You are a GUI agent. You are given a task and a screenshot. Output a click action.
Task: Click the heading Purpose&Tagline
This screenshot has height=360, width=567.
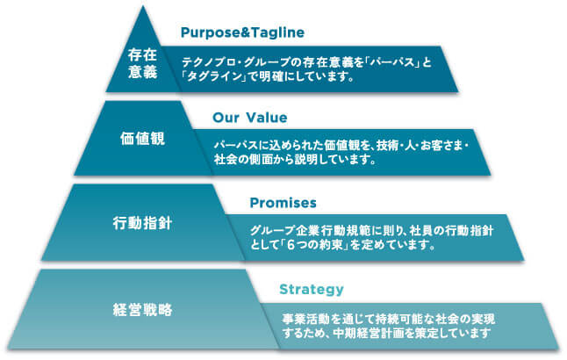[x=242, y=33]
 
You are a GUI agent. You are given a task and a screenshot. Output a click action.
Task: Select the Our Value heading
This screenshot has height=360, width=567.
[x=250, y=117]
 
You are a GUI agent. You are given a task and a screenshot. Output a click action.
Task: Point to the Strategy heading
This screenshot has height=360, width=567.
[x=311, y=289]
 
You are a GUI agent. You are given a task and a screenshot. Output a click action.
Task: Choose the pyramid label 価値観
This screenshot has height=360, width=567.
[x=141, y=138]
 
